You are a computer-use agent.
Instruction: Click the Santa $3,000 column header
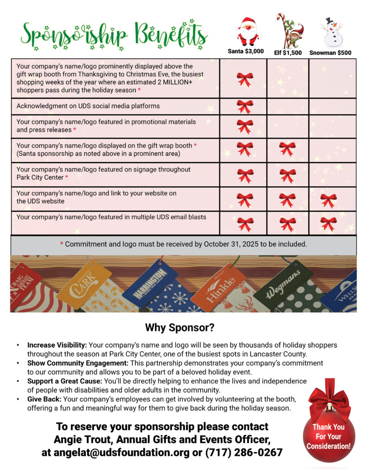click(x=245, y=52)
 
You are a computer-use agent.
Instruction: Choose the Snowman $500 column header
click(x=330, y=53)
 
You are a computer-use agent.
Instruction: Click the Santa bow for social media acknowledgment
click(x=245, y=106)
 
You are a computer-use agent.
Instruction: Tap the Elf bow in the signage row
click(x=287, y=175)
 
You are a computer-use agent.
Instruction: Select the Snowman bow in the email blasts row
click(x=328, y=224)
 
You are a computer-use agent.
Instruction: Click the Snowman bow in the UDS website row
click(x=328, y=200)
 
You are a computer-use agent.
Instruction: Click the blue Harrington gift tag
click(x=150, y=282)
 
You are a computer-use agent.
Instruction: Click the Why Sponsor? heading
click(x=180, y=327)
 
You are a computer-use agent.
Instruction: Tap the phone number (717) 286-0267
click(x=244, y=452)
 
